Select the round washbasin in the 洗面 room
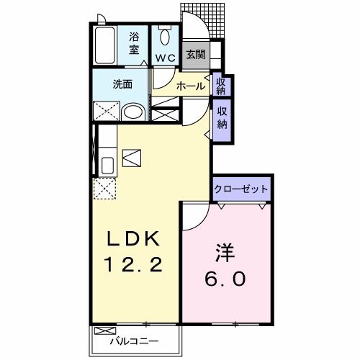point(132,111)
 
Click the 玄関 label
point(194,54)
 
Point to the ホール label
point(190,86)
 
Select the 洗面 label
point(122,84)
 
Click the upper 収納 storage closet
point(221,86)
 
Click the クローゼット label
point(240,190)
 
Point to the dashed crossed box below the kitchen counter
point(106,189)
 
